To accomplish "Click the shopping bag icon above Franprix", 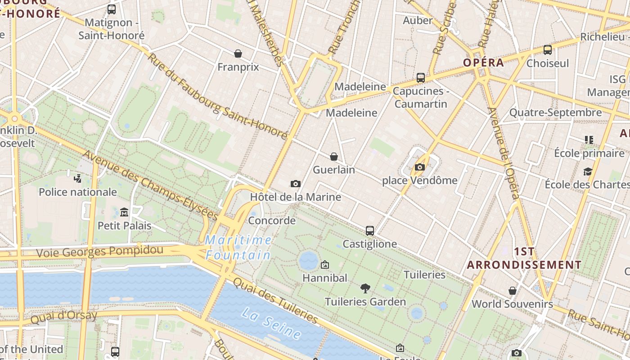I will coord(238,54).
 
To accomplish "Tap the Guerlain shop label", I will coord(333,170).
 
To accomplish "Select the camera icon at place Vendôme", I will coord(419,167).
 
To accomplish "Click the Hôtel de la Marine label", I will coord(295,197).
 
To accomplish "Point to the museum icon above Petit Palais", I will coord(125,212).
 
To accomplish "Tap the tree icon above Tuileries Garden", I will coord(365,288).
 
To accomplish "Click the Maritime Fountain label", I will coord(238,247).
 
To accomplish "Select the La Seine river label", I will coord(270,323).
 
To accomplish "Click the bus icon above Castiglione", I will coord(370,231).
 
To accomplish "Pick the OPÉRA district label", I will coord(484,63).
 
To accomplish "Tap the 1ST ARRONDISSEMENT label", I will coord(524,258).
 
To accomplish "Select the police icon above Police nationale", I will coord(77,178).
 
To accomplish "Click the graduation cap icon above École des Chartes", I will coord(588,171).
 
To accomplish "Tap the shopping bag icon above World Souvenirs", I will coord(512,291).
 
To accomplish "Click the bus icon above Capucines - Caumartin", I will coord(420,78).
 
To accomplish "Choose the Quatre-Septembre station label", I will coord(555,112).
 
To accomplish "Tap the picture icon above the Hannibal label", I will coord(324,265).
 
